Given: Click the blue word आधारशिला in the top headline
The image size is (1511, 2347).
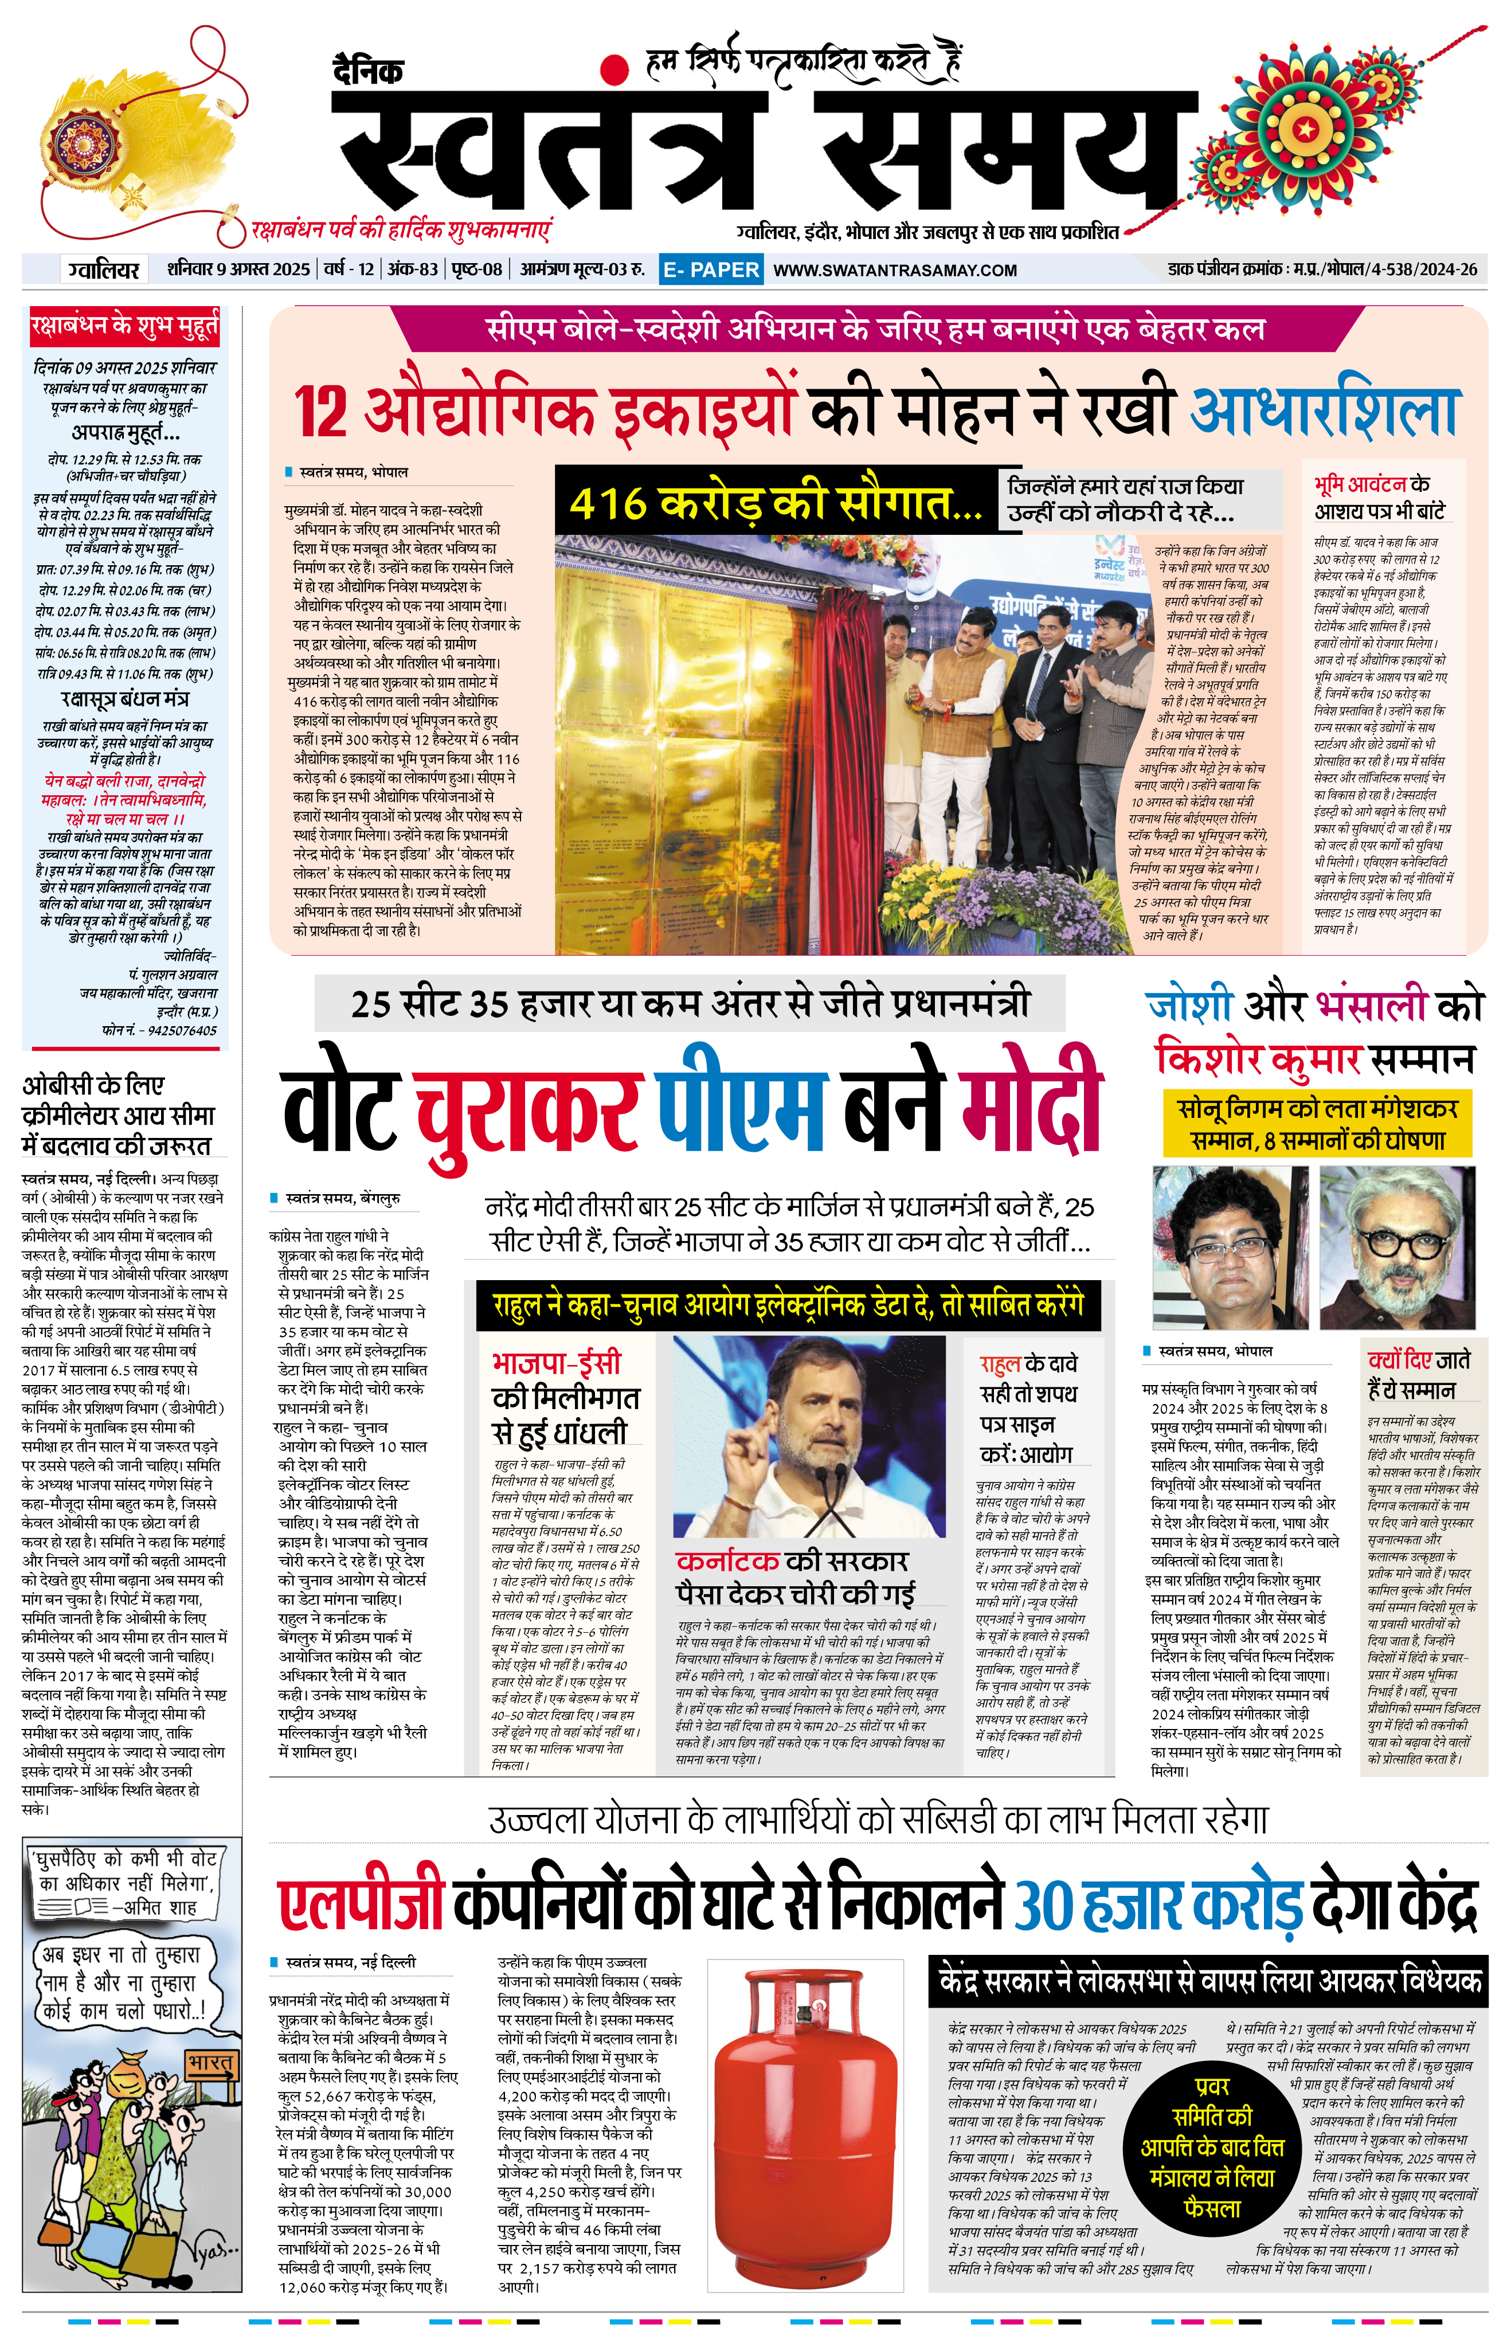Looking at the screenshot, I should pos(1325,410).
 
